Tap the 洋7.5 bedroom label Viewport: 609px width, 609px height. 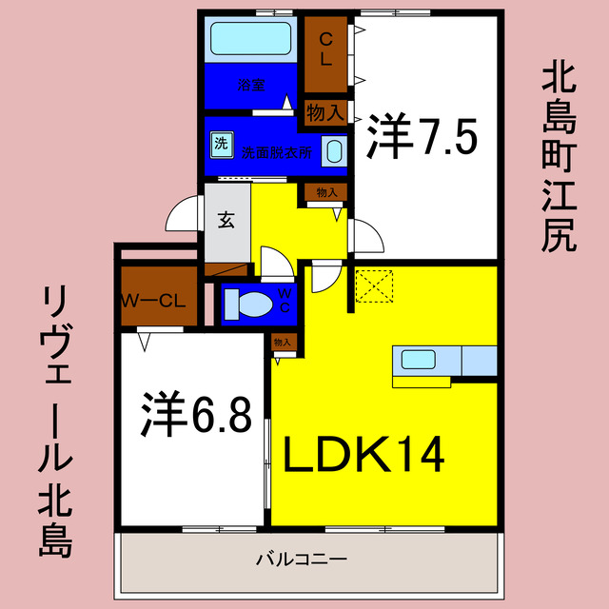tap(422, 140)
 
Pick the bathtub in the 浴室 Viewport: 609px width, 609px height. tap(250, 39)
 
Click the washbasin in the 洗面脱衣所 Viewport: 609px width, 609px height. tap(334, 149)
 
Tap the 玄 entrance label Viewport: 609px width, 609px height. tap(226, 220)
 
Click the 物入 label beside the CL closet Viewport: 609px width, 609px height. tap(325, 112)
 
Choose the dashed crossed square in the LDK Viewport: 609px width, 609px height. tap(373, 286)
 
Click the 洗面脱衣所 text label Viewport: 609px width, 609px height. tap(276, 150)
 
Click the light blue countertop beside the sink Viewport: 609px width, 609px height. tap(479, 360)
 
